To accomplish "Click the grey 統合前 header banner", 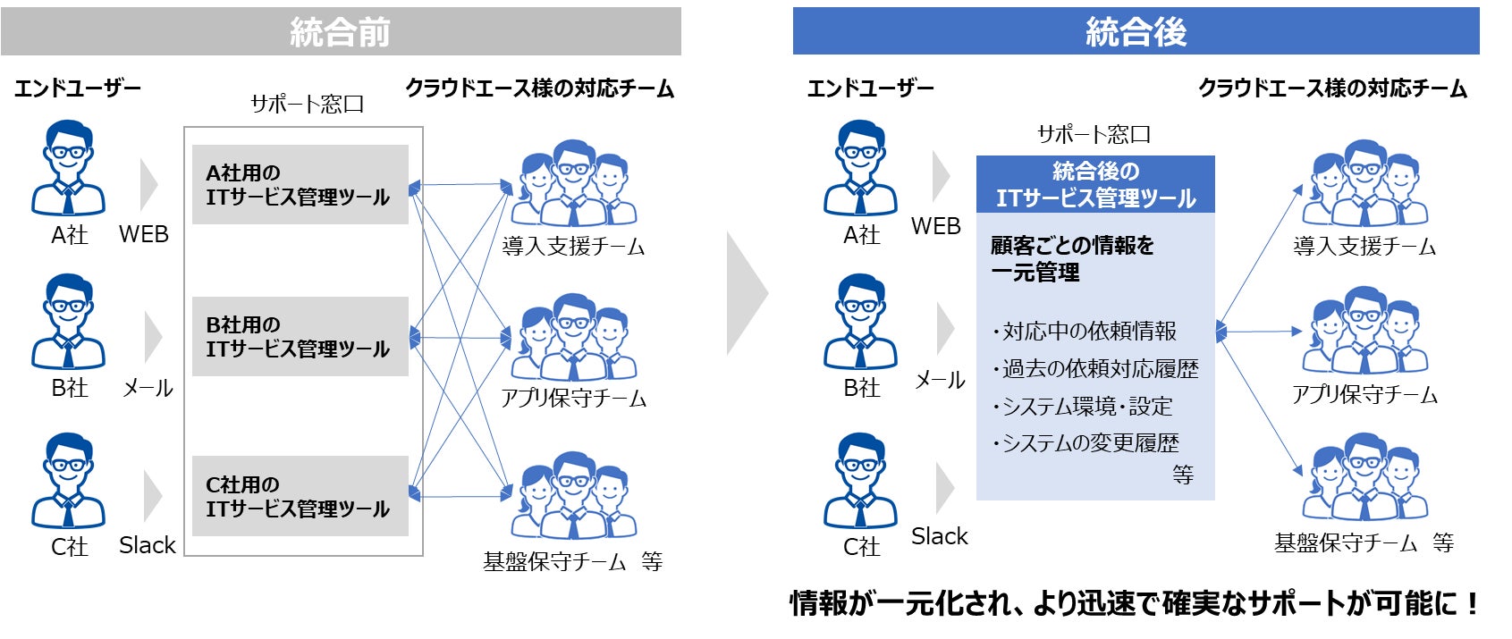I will tap(341, 32).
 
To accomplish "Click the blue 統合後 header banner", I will tap(1136, 32).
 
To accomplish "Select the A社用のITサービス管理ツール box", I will tap(300, 185).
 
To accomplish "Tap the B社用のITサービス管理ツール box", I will tap(300, 337).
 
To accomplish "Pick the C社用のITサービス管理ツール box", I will tap(300, 496).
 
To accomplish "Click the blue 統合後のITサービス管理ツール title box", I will tap(1094, 184).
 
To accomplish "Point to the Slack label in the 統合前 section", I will tap(147, 545).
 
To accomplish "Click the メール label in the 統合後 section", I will tap(939, 381).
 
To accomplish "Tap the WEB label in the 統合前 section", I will tap(143, 234).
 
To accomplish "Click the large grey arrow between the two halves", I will tap(746, 293).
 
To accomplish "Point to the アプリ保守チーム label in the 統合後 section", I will tap(1364, 395).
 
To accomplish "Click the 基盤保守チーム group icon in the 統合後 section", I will tap(1364, 477).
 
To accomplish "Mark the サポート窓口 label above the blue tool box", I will tap(1094, 135).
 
